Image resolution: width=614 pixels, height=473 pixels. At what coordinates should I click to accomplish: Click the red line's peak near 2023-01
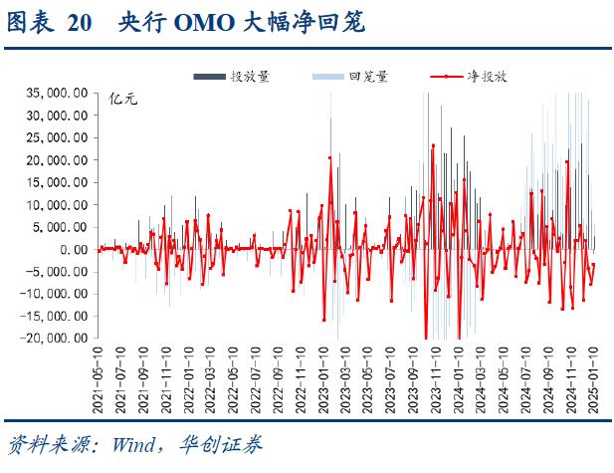pyautogui.click(x=329, y=157)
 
